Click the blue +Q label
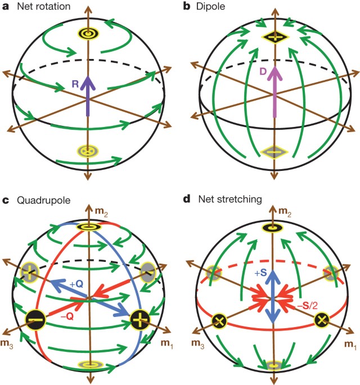(76, 285)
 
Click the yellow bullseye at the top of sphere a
(87, 34)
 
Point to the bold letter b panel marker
(192, 8)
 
